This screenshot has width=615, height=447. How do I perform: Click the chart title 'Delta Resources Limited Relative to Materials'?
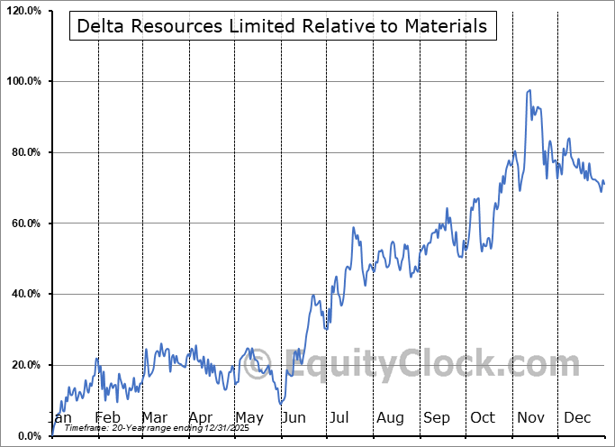(282, 26)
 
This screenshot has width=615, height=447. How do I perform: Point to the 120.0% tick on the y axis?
(23, 11)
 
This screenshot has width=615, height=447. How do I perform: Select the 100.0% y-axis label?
(23, 82)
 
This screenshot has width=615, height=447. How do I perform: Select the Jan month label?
(59, 418)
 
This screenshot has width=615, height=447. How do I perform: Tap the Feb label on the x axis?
(107, 418)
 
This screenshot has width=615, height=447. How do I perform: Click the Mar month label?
(154, 418)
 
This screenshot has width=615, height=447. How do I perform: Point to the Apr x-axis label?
(201, 418)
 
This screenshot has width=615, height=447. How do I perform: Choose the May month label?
(249, 418)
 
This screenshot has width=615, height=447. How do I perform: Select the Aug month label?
(390, 418)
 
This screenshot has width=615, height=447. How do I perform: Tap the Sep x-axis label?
(437, 418)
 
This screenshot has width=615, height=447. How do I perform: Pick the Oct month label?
(483, 418)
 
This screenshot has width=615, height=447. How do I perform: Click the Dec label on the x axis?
(577, 418)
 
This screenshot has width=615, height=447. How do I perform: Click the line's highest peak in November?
(529, 90)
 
